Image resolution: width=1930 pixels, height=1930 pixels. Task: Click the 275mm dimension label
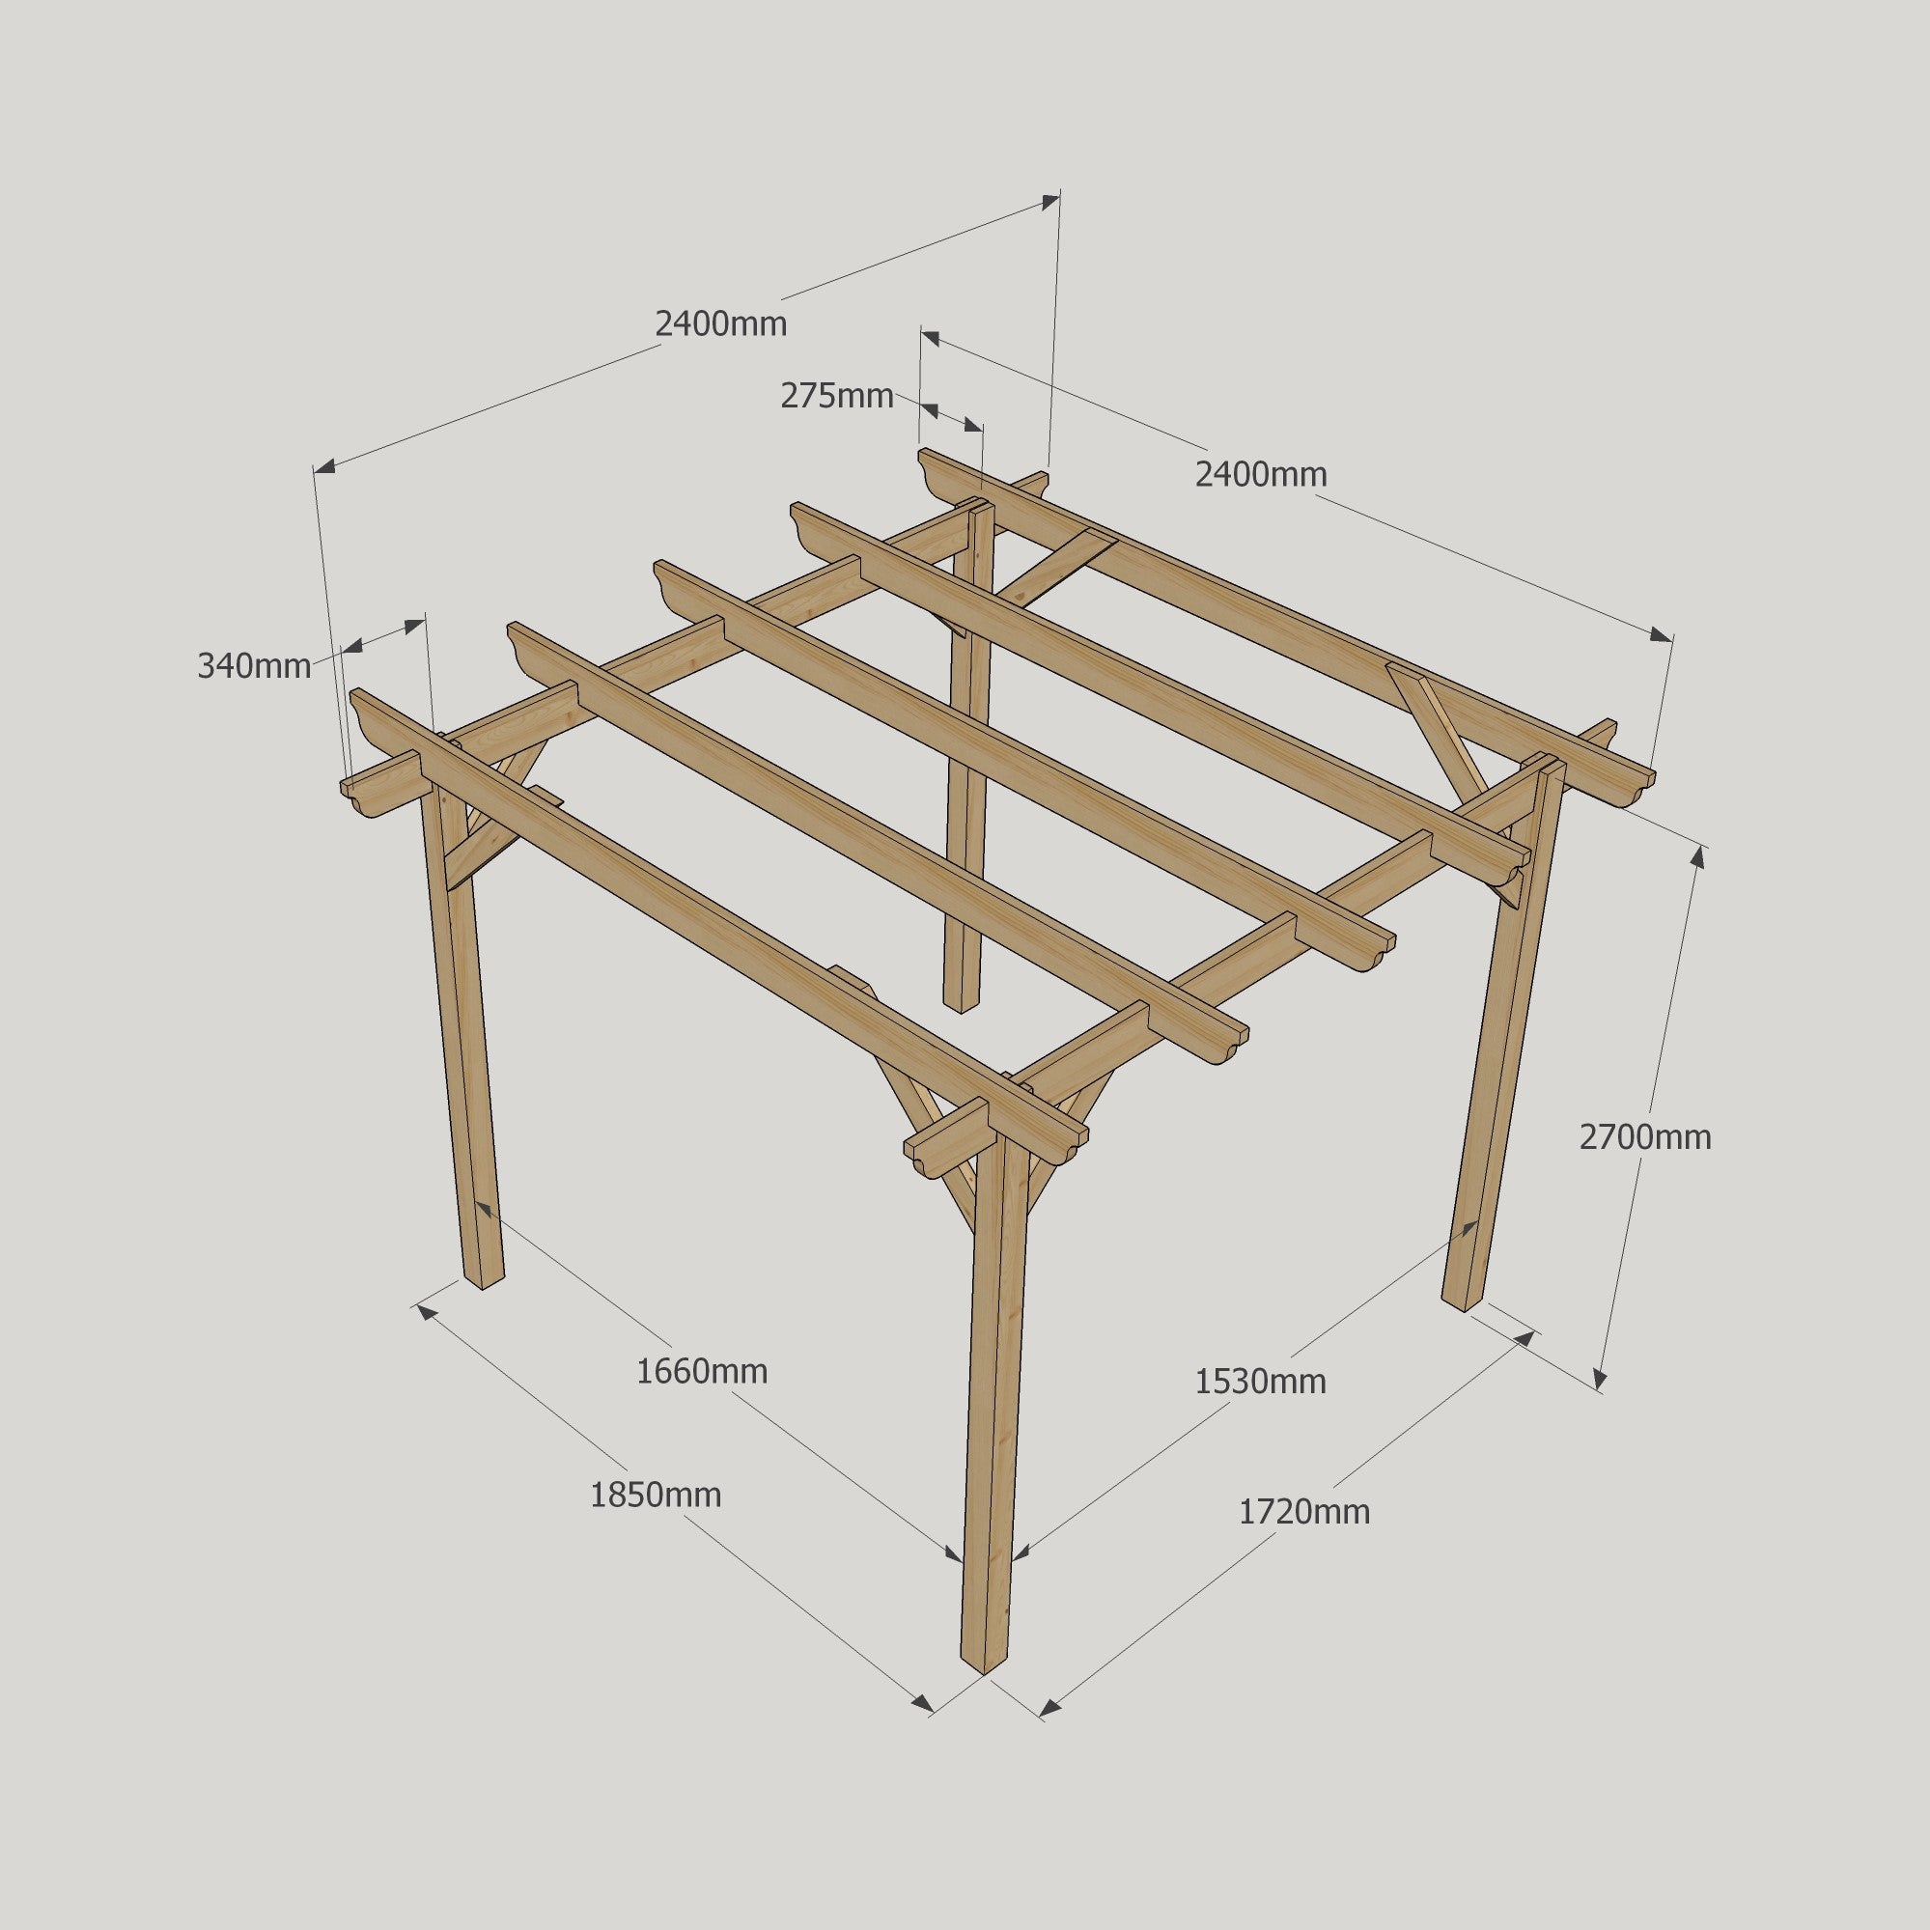(x=836, y=397)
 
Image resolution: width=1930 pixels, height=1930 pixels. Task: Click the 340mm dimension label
(x=254, y=665)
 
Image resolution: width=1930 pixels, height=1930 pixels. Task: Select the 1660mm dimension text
(x=701, y=1372)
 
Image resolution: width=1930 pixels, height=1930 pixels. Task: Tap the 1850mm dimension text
(x=656, y=1495)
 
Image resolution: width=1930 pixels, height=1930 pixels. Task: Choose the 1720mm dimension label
(x=1303, y=1511)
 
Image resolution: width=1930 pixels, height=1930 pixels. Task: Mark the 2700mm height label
(x=1644, y=1136)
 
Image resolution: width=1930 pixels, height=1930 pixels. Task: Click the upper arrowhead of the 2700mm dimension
(x=1698, y=858)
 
